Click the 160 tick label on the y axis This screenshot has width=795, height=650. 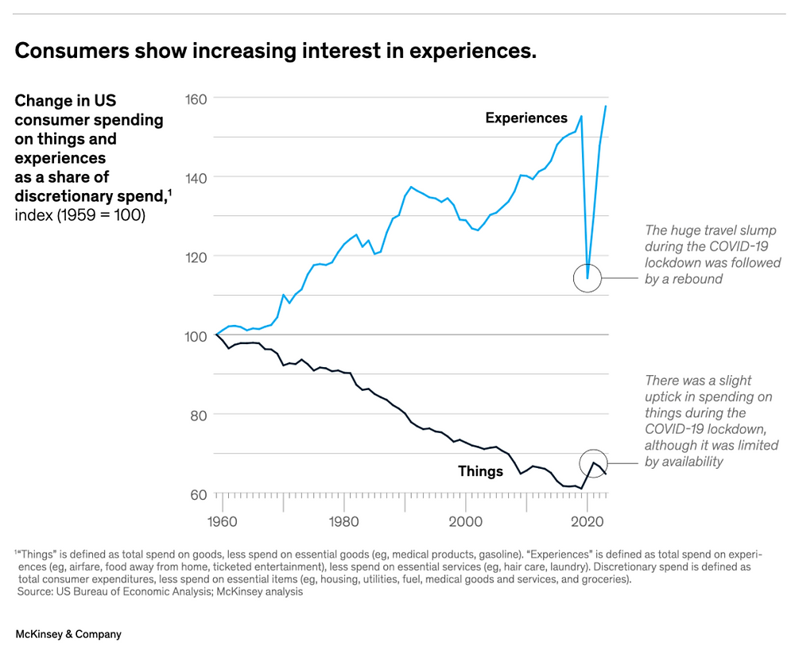pos(196,99)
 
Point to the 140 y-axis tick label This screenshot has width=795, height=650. pos(196,177)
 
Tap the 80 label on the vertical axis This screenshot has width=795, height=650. pos(197,415)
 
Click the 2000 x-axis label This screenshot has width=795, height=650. pos(465,524)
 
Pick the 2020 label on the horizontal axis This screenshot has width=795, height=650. pos(587,524)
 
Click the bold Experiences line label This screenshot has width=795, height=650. pos(526,118)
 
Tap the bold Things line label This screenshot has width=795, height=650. pos(480,471)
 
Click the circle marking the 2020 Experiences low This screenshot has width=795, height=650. pos(588,278)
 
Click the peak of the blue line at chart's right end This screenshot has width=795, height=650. pos(606,106)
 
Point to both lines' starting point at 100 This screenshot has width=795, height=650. pos(216,335)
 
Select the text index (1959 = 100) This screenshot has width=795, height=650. pos(79,215)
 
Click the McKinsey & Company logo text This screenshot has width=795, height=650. pos(68,634)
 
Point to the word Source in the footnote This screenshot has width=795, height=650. pos(35,592)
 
